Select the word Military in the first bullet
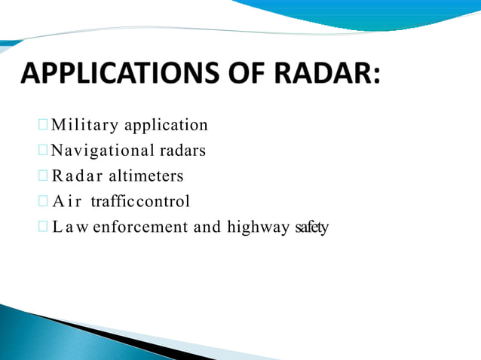(78, 125)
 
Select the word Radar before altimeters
(79, 176)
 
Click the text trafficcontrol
(140, 202)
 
